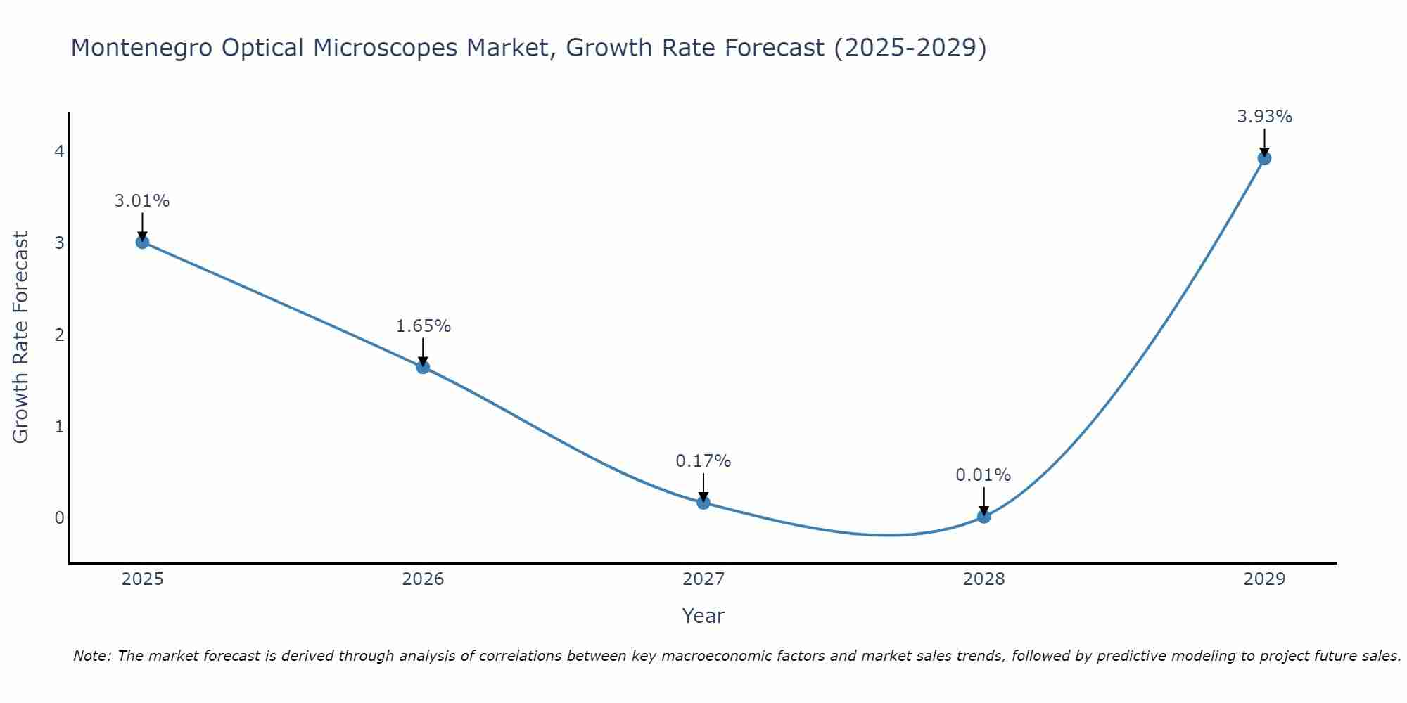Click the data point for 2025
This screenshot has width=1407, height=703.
pyautogui.click(x=142, y=242)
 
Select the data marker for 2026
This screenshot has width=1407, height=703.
pyautogui.click(x=423, y=366)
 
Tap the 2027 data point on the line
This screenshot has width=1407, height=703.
pyautogui.click(x=703, y=502)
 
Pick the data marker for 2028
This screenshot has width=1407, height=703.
pyautogui.click(x=983, y=517)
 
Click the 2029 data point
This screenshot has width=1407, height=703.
pyautogui.click(x=1264, y=158)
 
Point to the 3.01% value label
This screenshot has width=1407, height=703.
pyautogui.click(x=142, y=201)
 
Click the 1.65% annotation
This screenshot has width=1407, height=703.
pyautogui.click(x=423, y=326)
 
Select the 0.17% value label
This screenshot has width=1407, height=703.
pyautogui.click(x=703, y=461)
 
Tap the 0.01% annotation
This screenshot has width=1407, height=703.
pyautogui.click(x=983, y=475)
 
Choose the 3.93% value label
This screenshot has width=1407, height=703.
pyautogui.click(x=1264, y=117)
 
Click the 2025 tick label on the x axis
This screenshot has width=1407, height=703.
pyautogui.click(x=142, y=579)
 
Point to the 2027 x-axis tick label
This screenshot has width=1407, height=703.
pyautogui.click(x=703, y=579)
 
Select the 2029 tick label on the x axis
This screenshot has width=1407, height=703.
pyautogui.click(x=1264, y=579)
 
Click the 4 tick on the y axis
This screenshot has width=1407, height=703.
pyautogui.click(x=59, y=151)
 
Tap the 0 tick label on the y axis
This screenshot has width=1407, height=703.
pyautogui.click(x=59, y=518)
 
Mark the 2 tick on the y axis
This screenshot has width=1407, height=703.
pyautogui.click(x=59, y=335)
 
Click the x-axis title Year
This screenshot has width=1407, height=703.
pyautogui.click(x=703, y=616)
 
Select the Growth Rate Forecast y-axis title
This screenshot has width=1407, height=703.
pyautogui.click(x=21, y=337)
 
